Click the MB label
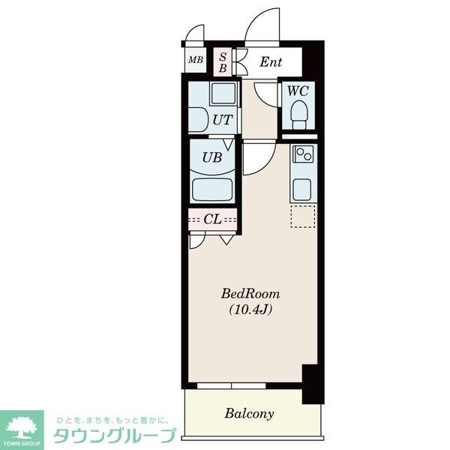[x=196, y=60]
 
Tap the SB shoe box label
[x=223, y=62]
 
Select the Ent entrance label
[x=271, y=62]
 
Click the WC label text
[x=298, y=91]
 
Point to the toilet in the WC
[x=299, y=115]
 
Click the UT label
[x=223, y=120]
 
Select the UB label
[x=212, y=157]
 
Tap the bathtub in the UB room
[x=212, y=190]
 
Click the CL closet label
[x=212, y=219]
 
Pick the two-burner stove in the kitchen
[x=303, y=154]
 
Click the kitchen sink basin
[x=301, y=190]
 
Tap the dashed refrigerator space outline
[x=303, y=217]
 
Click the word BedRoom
[x=250, y=294]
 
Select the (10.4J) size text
[x=250, y=309]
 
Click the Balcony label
[x=249, y=414]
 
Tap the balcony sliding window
[x=231, y=385]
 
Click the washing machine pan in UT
[x=223, y=94]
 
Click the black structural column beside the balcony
[x=313, y=384]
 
